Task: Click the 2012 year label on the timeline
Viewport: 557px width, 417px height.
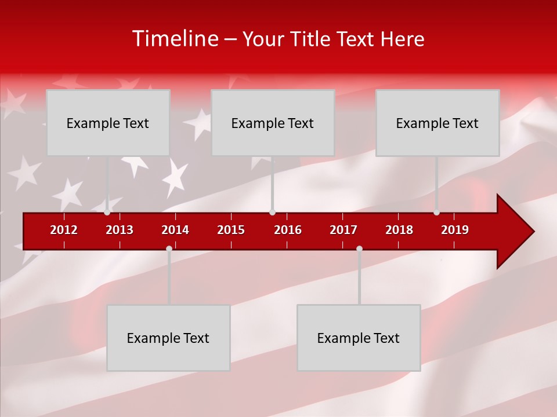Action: (x=64, y=230)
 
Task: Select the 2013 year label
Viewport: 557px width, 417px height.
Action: (x=120, y=230)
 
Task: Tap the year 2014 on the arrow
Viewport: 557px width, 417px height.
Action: (x=175, y=230)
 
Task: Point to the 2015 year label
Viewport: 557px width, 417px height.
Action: (x=231, y=230)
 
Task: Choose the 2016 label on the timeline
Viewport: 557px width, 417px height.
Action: (x=288, y=230)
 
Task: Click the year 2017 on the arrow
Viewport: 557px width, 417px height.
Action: (x=343, y=230)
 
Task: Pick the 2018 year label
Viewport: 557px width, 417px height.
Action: (x=399, y=230)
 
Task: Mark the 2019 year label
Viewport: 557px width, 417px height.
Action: (x=455, y=230)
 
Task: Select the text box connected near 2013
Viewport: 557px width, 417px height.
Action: (x=108, y=123)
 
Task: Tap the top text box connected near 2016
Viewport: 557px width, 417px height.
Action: (x=273, y=123)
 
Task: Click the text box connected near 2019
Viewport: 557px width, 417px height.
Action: (x=437, y=123)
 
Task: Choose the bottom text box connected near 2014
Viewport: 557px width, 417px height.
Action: (x=168, y=338)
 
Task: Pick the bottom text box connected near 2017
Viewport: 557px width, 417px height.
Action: (x=359, y=338)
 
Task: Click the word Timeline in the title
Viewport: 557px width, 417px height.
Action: (x=176, y=39)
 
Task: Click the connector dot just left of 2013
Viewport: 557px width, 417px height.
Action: (x=107, y=213)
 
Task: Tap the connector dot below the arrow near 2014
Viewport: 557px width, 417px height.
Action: (x=169, y=248)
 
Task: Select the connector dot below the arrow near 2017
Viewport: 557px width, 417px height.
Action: (x=359, y=248)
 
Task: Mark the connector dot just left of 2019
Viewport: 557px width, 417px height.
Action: (x=437, y=213)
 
